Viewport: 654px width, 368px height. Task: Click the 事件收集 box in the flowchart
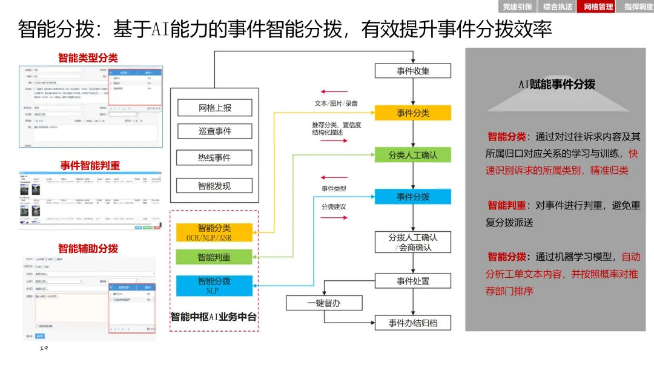point(413,71)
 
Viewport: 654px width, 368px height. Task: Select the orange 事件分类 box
point(413,113)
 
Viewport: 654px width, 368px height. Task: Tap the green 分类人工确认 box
point(413,155)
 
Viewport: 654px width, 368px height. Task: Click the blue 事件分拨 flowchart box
point(413,197)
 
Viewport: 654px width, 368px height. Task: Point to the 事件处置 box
point(413,281)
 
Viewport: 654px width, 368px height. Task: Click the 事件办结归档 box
point(413,323)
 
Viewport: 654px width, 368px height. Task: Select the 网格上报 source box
point(214,108)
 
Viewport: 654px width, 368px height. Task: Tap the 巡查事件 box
point(214,131)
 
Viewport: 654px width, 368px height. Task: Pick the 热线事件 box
point(214,157)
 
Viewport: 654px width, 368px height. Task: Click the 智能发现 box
point(214,186)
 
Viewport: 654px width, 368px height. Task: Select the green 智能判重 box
point(214,257)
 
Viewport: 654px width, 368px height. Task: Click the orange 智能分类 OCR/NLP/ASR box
point(214,232)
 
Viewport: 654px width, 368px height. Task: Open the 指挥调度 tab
point(638,7)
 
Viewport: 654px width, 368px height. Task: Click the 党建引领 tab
point(518,7)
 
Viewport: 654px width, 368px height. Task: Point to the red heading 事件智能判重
point(90,165)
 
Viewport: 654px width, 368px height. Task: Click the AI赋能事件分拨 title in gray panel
point(557,85)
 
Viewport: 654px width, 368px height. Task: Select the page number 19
point(43,349)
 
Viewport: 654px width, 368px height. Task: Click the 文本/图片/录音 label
point(336,103)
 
